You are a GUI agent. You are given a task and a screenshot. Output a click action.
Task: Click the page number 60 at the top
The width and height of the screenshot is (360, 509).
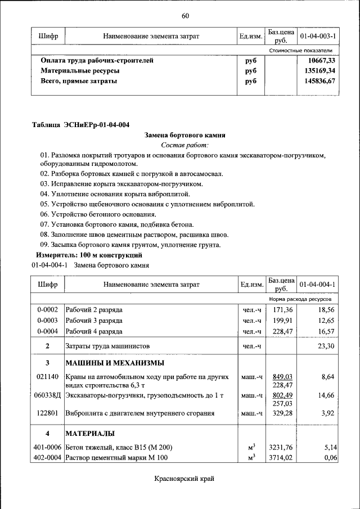185,15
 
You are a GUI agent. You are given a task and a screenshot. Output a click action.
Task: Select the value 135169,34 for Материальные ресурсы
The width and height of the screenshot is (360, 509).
319,71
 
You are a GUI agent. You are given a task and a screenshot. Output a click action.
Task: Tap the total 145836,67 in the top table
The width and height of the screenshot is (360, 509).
319,81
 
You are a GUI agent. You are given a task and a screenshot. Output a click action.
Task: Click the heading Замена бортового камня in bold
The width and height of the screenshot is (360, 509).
185,135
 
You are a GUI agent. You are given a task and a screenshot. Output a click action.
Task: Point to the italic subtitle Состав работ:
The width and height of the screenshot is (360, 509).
185,145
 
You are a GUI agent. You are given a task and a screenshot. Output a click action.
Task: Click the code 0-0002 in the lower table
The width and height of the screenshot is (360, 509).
48,310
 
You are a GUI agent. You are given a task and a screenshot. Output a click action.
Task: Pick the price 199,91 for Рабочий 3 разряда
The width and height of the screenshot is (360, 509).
283,321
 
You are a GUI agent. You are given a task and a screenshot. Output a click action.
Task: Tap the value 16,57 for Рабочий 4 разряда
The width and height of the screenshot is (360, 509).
326,331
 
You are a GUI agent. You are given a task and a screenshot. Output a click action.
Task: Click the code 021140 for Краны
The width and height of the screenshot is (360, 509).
48,376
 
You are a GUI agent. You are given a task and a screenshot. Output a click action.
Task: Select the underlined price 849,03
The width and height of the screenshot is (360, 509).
283,376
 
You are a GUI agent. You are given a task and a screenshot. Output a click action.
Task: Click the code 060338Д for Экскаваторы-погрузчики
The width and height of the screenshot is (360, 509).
48,395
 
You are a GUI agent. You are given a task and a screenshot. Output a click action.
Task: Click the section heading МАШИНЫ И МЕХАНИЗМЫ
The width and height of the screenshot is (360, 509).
115,362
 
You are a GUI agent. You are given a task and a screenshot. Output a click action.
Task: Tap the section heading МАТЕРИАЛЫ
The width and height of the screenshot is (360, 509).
90,434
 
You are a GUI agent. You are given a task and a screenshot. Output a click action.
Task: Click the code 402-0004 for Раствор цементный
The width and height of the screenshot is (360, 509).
48,458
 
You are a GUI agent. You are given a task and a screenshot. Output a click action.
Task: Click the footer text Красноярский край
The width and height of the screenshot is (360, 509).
184,479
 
